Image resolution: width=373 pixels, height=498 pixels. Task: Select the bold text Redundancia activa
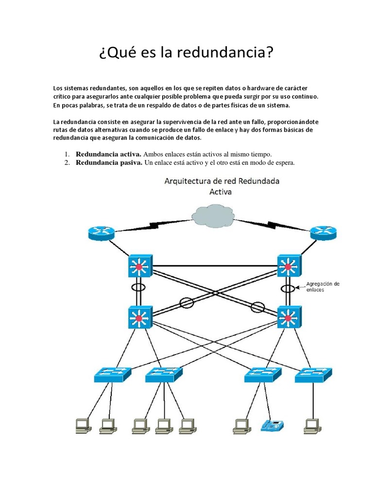pos(108,154)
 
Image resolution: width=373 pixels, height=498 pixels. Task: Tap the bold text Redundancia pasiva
pos(109,162)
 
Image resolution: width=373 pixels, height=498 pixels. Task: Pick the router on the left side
pos(101,233)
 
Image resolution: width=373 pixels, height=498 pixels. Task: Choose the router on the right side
pos(323,233)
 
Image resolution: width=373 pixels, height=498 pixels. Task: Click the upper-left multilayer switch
pos(140,267)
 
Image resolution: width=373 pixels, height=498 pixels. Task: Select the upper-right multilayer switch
pos(288,267)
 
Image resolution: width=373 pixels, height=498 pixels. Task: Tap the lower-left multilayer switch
pos(140,319)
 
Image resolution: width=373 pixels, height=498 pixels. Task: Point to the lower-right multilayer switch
pos(288,319)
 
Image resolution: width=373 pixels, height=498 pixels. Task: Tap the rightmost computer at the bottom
pos(313,426)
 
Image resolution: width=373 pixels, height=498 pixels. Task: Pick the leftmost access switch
pos(113,374)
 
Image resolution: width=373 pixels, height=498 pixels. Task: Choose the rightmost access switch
pos(313,374)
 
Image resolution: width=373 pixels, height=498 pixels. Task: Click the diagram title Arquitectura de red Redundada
pos(222,182)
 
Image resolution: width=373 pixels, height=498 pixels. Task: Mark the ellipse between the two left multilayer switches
pos(139,288)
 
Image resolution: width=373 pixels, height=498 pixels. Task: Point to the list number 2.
pos(67,162)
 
